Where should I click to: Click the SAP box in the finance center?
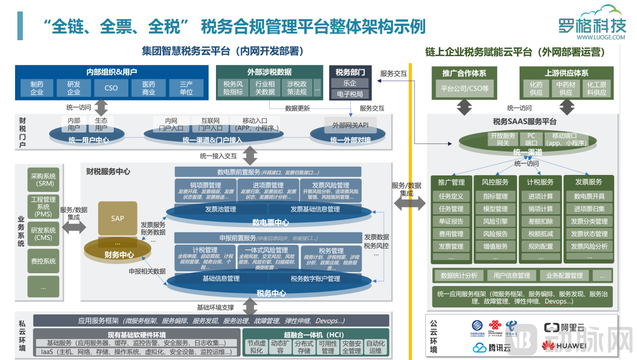117,218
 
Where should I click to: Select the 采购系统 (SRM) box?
43,180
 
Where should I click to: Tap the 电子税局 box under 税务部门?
350,94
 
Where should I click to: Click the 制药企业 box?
37,88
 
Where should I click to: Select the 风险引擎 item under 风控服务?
495,221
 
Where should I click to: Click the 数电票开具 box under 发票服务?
589,196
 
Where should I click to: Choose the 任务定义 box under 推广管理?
451,196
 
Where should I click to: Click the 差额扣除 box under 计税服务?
540,221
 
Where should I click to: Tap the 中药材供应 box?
565,88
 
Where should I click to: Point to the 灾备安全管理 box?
352,347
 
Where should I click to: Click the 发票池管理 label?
220,209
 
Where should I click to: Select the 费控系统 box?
43,261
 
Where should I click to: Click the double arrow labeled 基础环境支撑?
250,306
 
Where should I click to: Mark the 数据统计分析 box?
458,275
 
